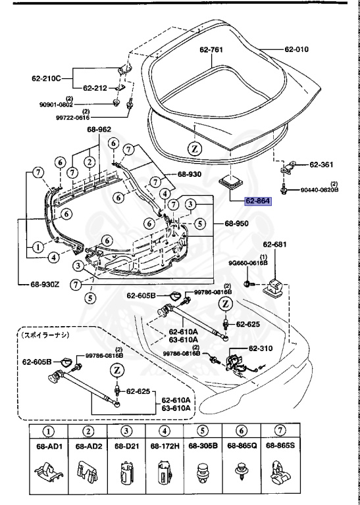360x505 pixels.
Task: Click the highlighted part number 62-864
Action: coord(257,201)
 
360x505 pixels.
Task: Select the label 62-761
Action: coord(212,49)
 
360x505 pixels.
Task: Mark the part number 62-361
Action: coord(322,164)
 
